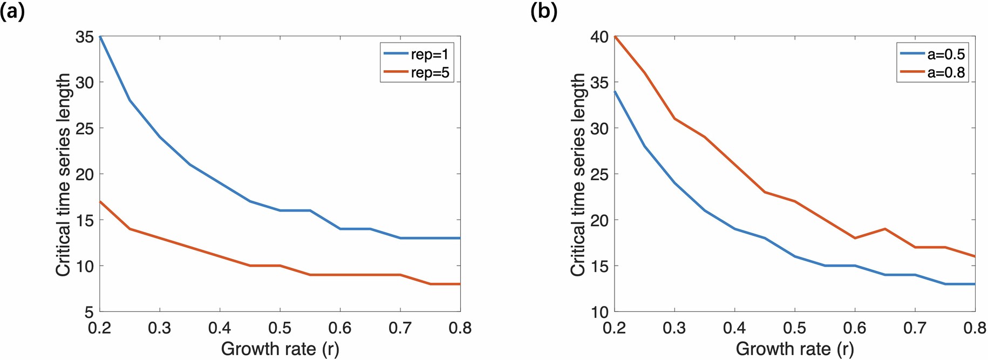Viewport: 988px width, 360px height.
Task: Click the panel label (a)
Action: pyautogui.click(x=12, y=11)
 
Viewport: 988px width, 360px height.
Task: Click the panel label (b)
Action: pyautogui.click(x=543, y=11)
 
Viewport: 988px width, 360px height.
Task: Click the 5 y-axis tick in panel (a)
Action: pyautogui.click(x=90, y=312)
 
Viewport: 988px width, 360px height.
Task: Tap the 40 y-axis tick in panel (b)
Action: pyautogui.click(x=599, y=37)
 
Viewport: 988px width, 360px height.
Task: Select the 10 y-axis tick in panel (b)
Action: pyautogui.click(x=599, y=312)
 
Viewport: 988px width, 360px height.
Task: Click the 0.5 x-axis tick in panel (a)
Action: pyautogui.click(x=280, y=328)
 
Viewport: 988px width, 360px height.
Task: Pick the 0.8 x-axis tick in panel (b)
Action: pyautogui.click(x=975, y=328)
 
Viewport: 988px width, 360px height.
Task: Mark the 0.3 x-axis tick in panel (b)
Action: pyautogui.click(x=674, y=328)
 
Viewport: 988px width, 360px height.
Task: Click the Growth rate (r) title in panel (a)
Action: pyautogui.click(x=280, y=349)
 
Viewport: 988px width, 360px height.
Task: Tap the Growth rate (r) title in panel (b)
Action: pyautogui.click(x=794, y=349)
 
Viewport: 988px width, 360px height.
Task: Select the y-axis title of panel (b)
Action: pyautogui.click(x=578, y=174)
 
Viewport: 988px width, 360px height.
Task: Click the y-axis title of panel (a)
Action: pyautogui.click(x=63, y=174)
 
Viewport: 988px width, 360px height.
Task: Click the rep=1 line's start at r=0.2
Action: pyautogui.click(x=100, y=37)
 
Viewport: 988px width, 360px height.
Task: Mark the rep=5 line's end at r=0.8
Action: pyautogui.click(x=459, y=284)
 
